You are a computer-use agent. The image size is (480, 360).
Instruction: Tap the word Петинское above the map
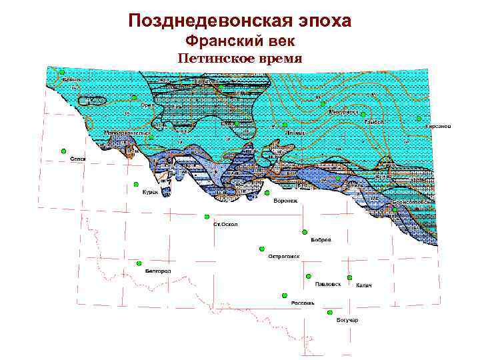point(212,59)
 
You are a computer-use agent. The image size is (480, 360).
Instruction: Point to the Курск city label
point(149,192)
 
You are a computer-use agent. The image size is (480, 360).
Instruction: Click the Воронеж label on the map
point(285,201)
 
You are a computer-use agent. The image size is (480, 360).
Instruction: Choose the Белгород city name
point(158,271)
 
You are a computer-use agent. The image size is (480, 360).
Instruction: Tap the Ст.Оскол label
point(225,225)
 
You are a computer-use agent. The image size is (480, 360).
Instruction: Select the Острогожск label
point(284,256)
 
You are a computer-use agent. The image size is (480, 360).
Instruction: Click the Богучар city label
point(347,321)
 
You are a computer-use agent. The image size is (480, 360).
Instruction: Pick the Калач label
point(363,285)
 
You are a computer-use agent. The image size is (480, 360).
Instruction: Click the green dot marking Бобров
point(305,232)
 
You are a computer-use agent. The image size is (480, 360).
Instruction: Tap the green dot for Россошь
point(285,295)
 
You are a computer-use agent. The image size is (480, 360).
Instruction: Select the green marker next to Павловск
point(309,276)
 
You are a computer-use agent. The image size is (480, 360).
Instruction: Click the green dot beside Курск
point(135,184)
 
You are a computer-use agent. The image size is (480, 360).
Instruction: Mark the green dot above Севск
point(63,151)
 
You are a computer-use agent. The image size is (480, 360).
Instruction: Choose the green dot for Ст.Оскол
point(207,217)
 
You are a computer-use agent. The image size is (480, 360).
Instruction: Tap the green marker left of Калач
point(349,277)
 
